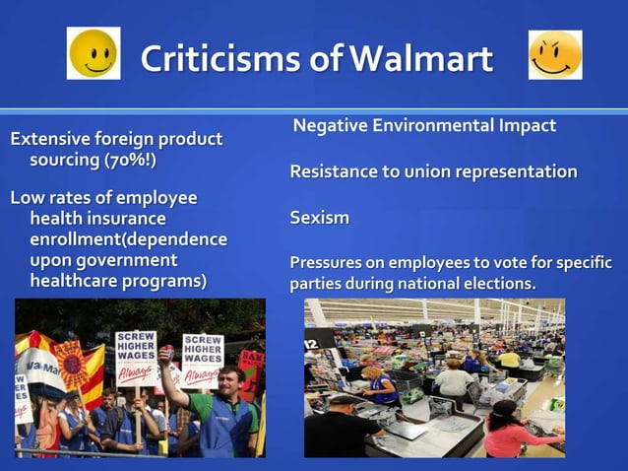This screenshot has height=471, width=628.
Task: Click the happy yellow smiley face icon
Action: tap(94, 53)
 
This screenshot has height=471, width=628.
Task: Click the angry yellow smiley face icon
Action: tap(555, 55)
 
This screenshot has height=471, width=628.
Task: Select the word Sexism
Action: tap(319, 218)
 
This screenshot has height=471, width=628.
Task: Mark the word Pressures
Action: tap(329, 263)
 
